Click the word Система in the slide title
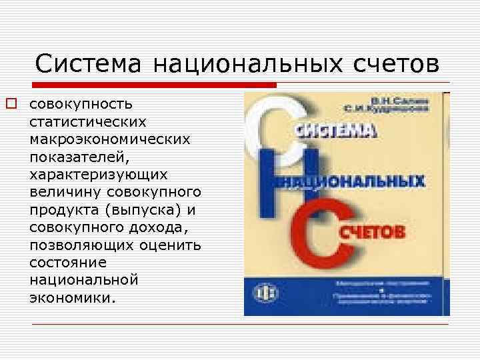(x=89, y=64)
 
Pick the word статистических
(x=88, y=122)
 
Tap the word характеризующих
(x=99, y=174)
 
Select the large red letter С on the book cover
(x=337, y=230)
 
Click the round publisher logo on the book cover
(x=264, y=293)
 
